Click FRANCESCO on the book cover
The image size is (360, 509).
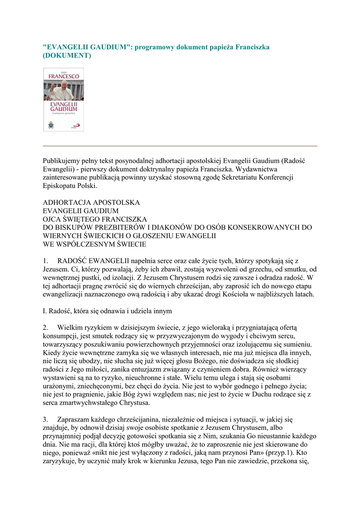64,77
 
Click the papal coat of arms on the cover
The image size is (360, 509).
51,125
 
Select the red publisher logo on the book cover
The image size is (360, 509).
76,126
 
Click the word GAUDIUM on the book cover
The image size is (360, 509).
64,108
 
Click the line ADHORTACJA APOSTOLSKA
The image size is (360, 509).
91,203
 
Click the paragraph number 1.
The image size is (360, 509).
46,260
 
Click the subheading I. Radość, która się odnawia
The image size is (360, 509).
107,311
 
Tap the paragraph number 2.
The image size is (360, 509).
46,328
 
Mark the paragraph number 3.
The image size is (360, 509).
46,421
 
